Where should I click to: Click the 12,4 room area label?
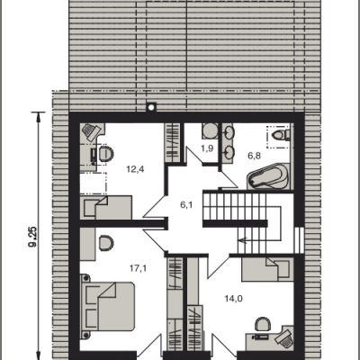coord(135,170)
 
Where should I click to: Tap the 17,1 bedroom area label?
coord(138,268)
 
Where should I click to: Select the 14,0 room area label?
coord(234,299)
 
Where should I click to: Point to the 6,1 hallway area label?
coord(186,205)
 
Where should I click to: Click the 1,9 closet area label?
coord(208,148)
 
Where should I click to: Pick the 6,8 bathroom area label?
coord(255,156)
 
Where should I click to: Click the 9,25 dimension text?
coord(32,237)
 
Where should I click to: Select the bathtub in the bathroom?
coord(268,177)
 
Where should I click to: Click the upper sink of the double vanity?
coord(229,131)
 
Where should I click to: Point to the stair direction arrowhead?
coord(242,240)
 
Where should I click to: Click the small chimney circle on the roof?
coord(151,107)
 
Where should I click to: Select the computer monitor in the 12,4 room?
coord(94,155)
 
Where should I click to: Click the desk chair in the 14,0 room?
coord(263,324)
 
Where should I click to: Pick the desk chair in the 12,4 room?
coord(106,154)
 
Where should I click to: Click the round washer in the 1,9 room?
coord(208,131)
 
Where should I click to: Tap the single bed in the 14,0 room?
coord(267,269)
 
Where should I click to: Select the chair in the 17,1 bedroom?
coord(106,243)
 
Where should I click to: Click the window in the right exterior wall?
coord(300,240)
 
